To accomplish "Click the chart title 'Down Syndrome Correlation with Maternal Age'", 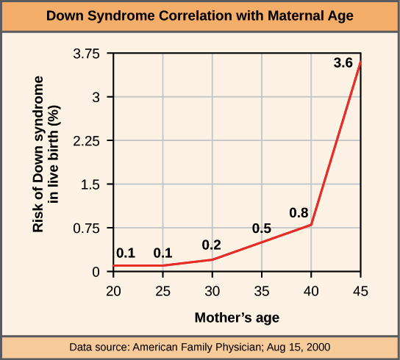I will pyautogui.click(x=200, y=15).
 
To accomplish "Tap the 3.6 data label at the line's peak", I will pyautogui.click(x=343, y=64).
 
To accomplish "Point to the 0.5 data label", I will pyautogui.click(x=262, y=228).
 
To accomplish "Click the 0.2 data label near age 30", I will pyautogui.click(x=212, y=245).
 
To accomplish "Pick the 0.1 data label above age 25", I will pyautogui.click(x=162, y=253).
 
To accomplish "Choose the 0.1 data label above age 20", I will pyautogui.click(x=126, y=253).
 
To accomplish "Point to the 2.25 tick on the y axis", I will pyautogui.click(x=90, y=140).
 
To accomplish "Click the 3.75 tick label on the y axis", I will pyautogui.click(x=90, y=54).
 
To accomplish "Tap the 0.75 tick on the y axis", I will pyautogui.click(x=90, y=228).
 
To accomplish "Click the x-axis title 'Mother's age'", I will pyautogui.click(x=237, y=318).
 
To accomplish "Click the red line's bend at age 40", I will pyautogui.click(x=312, y=225).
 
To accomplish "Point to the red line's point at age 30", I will pyautogui.click(x=213, y=259).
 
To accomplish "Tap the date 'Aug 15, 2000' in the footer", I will pyautogui.click(x=296, y=346).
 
